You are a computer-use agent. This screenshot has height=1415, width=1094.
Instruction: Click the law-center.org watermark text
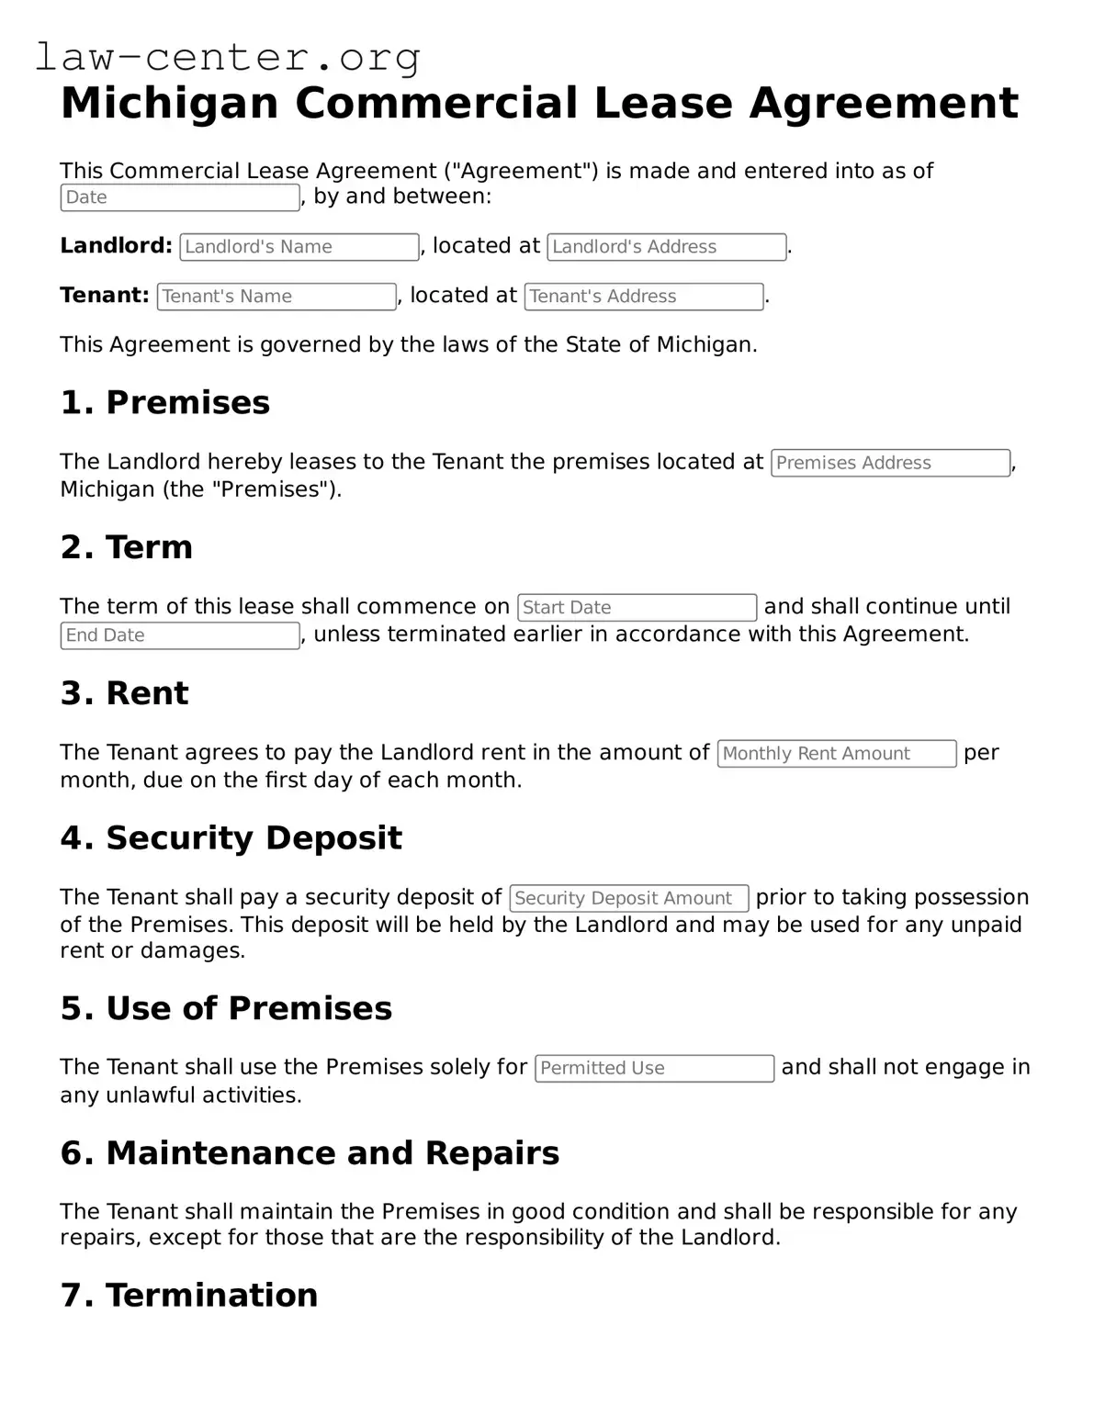pyautogui.click(x=228, y=57)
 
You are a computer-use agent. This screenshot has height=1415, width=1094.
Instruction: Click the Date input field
pyautogui.click(x=180, y=197)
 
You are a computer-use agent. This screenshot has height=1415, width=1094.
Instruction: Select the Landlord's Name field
pyautogui.click(x=299, y=247)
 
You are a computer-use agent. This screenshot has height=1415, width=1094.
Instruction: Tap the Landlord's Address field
pyautogui.click(x=667, y=247)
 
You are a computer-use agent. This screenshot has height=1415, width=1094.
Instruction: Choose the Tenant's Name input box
pyautogui.click(x=276, y=297)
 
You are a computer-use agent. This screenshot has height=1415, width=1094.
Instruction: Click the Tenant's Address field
pyautogui.click(x=644, y=297)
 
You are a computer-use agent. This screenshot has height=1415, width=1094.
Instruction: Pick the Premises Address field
pyautogui.click(x=890, y=463)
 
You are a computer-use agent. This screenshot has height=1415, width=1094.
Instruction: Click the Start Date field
pyautogui.click(x=637, y=608)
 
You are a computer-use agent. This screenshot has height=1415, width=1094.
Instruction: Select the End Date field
pyautogui.click(x=180, y=635)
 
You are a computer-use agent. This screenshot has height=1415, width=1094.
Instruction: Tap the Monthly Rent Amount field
pyautogui.click(x=836, y=754)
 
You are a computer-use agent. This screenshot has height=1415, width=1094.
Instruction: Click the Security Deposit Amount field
pyautogui.click(x=629, y=898)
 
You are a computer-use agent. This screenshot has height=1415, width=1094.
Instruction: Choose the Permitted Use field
pyautogui.click(x=654, y=1068)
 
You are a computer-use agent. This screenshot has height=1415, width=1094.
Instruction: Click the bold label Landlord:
pyautogui.click(x=116, y=246)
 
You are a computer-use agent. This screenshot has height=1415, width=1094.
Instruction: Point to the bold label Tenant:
pyautogui.click(x=105, y=296)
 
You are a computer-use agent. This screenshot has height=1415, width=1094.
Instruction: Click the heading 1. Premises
pyautogui.click(x=165, y=402)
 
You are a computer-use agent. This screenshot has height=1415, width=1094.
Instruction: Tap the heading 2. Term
pyautogui.click(x=127, y=547)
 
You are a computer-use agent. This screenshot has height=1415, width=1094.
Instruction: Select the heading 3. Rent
pyautogui.click(x=125, y=693)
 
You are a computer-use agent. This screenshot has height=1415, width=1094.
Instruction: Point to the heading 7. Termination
pyautogui.click(x=189, y=1295)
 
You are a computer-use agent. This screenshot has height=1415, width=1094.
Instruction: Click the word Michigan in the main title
pyautogui.click(x=169, y=103)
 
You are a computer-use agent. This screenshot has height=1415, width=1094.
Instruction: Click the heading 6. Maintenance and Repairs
pyautogui.click(x=310, y=1152)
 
